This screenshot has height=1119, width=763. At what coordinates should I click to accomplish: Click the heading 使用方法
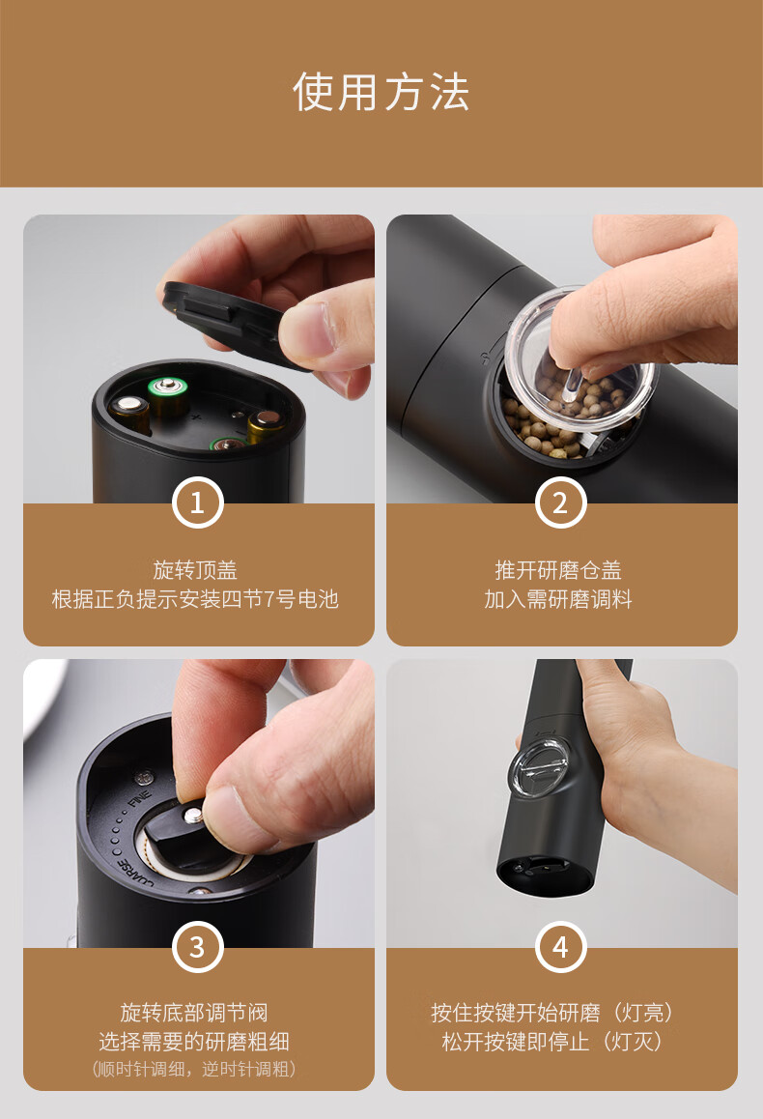coord(381,92)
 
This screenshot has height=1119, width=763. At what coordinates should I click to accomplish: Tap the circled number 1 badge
coord(198,502)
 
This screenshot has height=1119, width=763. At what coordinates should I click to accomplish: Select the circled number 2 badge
coord(560,502)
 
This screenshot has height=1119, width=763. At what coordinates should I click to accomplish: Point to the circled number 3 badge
coord(198,947)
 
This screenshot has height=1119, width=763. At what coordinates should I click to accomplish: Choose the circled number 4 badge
coord(560,947)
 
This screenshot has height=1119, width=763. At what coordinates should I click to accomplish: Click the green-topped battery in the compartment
coord(168,398)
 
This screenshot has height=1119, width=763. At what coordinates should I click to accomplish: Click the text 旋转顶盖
coord(195,569)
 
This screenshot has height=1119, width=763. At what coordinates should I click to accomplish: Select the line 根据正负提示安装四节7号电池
coord(195,599)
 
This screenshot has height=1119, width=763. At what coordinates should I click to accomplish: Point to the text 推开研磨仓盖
coord(558,569)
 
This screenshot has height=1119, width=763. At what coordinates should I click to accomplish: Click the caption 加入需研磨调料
coord(558,599)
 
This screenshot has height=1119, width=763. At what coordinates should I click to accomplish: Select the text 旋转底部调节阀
coord(194,1012)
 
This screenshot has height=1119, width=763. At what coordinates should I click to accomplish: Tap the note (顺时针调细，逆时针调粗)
coord(194,1069)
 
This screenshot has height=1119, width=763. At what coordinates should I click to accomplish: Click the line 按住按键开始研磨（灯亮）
coord(552,1012)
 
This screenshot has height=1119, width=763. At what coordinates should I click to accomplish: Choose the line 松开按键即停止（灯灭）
coord(552,1042)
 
